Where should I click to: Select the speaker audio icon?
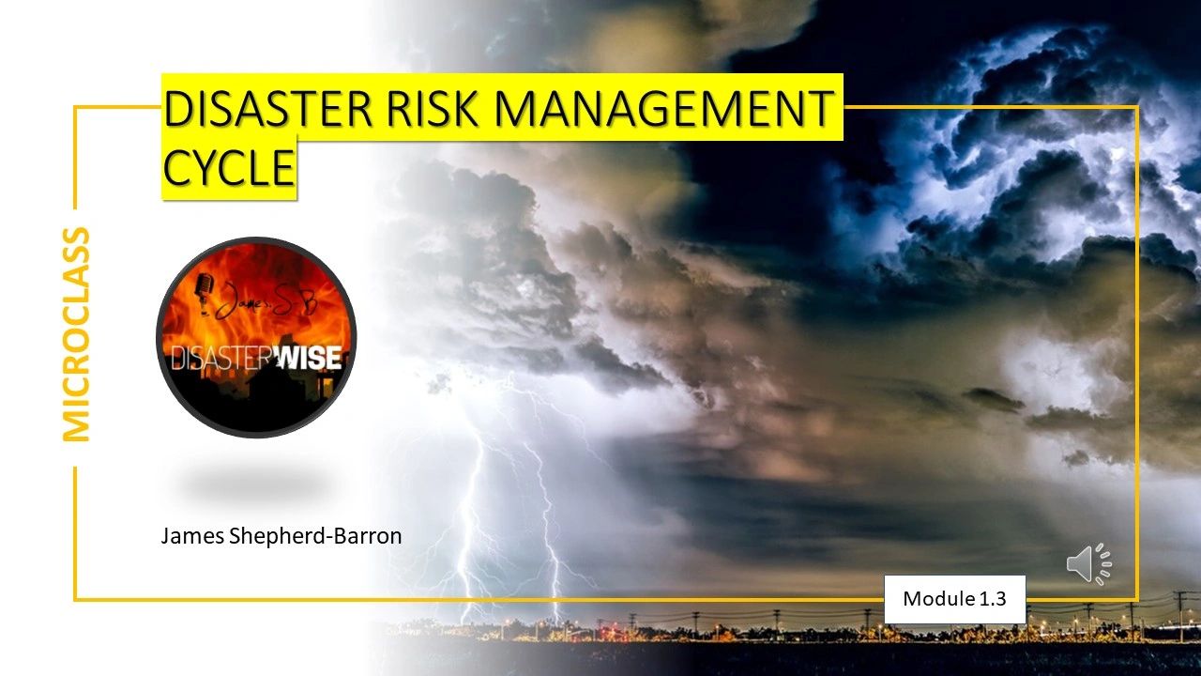pos(1088,563)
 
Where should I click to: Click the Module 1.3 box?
pos(954,599)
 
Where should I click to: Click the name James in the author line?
pos(192,536)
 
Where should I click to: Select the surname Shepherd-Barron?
pos(315,536)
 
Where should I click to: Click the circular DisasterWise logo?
pos(256,337)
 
